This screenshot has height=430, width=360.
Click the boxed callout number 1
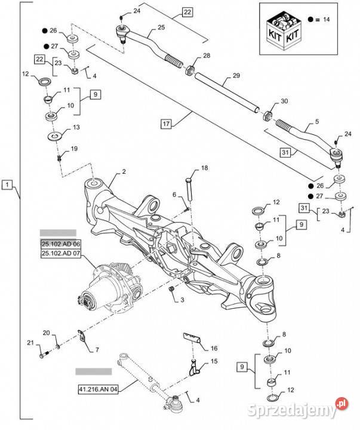[7, 186]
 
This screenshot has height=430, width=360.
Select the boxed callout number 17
[167, 124]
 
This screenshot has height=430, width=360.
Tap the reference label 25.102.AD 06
[60, 244]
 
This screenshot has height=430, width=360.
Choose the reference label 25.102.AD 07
[60, 253]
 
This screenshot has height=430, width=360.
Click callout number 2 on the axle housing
[124, 171]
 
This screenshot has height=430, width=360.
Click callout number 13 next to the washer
[76, 128]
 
